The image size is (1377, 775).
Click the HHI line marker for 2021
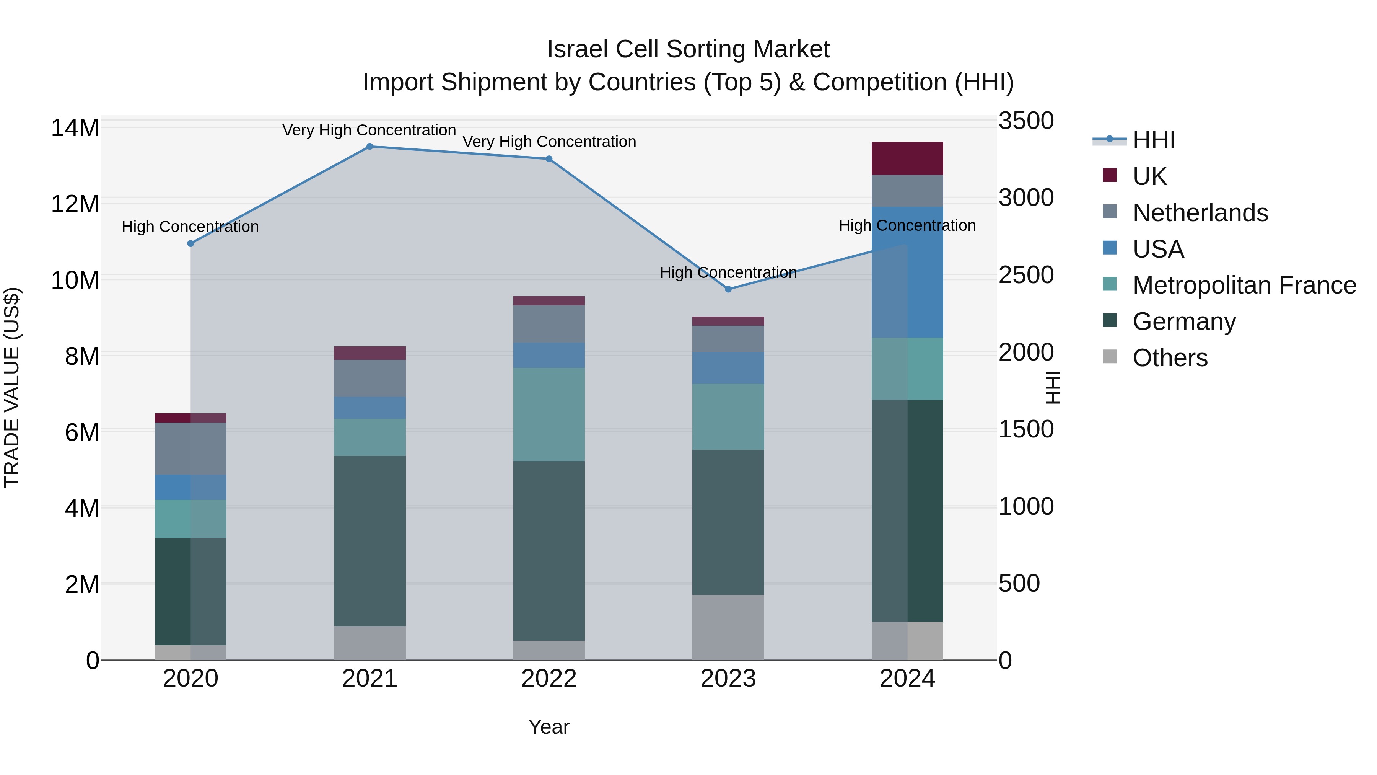[x=369, y=147]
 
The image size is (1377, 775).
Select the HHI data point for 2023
[x=728, y=289]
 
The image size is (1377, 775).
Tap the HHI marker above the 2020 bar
[x=191, y=244]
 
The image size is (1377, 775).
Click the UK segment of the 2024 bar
[x=907, y=158]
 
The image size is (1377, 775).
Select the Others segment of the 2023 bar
[x=728, y=627]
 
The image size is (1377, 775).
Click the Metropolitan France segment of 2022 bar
[x=549, y=414]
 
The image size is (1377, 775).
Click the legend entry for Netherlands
[x=1200, y=213]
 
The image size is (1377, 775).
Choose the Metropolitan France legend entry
[x=1244, y=285]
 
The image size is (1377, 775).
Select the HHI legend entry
[x=1154, y=140]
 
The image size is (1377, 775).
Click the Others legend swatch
[x=1110, y=357]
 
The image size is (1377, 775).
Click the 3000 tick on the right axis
[x=1026, y=198]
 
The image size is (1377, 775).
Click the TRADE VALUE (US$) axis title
[x=12, y=387]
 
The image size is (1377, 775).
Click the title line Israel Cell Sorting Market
[x=688, y=49]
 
